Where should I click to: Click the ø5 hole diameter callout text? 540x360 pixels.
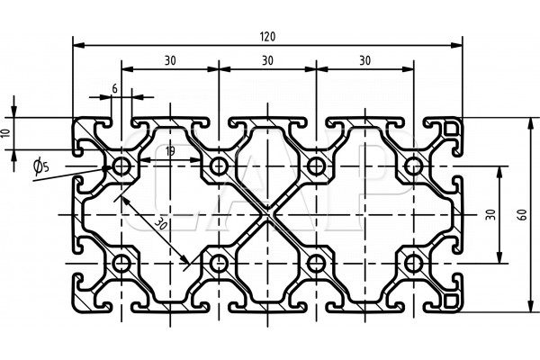[39, 165]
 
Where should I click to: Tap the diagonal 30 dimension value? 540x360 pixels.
[160, 223]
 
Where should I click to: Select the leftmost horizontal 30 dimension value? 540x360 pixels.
[169, 60]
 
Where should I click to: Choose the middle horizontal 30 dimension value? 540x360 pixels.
[267, 60]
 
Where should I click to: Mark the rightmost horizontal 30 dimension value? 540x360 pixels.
[364, 60]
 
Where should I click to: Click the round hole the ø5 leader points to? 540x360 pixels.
[121, 166]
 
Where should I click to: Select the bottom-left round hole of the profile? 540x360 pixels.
[121, 263]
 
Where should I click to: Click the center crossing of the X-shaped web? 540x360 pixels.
[267, 214]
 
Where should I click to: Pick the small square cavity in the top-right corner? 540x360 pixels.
[450, 131]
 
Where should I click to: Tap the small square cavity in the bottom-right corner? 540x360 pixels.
[450, 298]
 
